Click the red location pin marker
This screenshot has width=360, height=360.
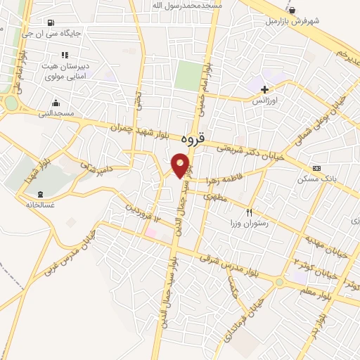181,166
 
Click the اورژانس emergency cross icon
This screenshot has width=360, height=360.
264,89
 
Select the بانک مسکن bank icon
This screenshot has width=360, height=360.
317,169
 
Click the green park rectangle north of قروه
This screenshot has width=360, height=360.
187,75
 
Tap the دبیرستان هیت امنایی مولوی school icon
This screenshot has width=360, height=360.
65,55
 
